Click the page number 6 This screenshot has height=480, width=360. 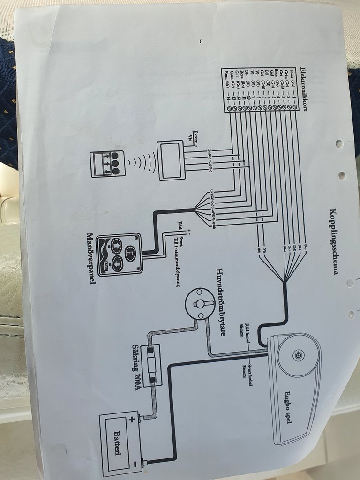[x=201, y=42]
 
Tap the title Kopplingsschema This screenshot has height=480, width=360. [x=334, y=241]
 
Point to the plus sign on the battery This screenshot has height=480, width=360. [x=132, y=419]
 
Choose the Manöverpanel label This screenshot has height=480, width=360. [x=89, y=260]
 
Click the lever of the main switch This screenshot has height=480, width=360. [x=201, y=304]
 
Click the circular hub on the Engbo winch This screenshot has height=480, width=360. [x=297, y=355]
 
